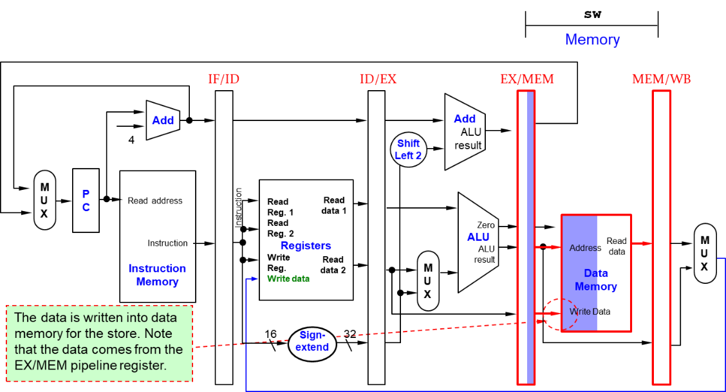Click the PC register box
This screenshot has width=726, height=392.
click(x=86, y=200)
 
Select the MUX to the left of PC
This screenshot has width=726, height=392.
click(x=44, y=200)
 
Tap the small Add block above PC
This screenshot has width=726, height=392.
click(x=163, y=120)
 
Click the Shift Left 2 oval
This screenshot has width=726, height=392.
click(x=409, y=149)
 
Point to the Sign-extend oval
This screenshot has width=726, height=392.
click(x=312, y=341)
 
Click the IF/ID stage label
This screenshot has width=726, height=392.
click(x=223, y=79)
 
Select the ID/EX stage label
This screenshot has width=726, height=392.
click(x=378, y=79)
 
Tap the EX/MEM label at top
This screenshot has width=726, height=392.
click(x=526, y=79)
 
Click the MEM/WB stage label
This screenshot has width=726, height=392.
click(x=661, y=79)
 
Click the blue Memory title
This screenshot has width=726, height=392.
click(x=592, y=40)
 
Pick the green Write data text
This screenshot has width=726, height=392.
click(x=288, y=279)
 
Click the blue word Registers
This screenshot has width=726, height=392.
click(x=306, y=246)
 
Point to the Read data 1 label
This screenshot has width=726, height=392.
click(x=334, y=205)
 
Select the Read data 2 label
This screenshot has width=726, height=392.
click(x=333, y=265)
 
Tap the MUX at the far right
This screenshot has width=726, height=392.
click(x=705, y=253)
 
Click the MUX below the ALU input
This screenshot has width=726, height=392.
click(x=427, y=281)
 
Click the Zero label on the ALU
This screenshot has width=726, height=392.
click(x=486, y=225)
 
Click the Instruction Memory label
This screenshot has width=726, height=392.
click(x=157, y=275)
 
